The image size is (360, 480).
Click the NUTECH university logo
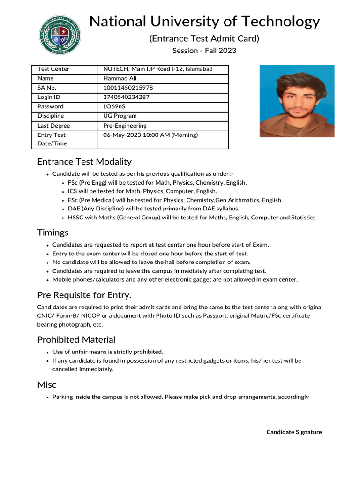point(59,36)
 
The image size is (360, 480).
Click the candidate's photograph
point(297,101)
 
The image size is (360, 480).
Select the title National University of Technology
point(204,22)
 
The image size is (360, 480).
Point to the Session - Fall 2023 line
point(204,51)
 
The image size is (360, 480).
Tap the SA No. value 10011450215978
point(128,88)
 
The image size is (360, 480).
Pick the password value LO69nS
point(114,106)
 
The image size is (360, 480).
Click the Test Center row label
point(53,69)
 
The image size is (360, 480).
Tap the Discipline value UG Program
point(120,116)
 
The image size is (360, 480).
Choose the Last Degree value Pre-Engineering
point(125,126)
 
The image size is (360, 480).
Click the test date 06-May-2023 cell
point(150,135)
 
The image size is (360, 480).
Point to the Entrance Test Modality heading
point(84,162)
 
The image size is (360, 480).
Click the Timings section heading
point(53,232)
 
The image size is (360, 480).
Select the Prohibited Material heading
point(76,339)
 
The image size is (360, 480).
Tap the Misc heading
point(47,384)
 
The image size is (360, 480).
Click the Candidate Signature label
point(294,432)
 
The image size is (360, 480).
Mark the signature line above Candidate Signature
point(284,420)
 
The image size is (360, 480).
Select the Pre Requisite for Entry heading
point(84,295)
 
